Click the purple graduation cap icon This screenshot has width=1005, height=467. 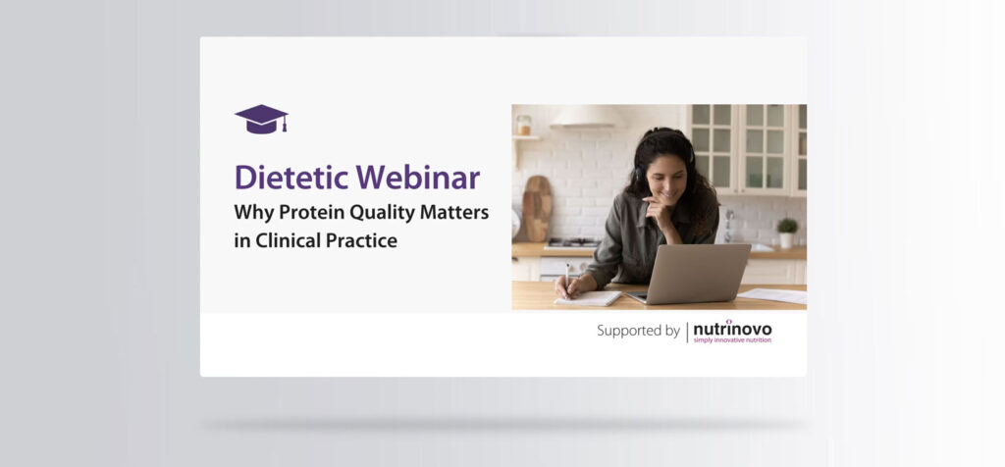[x=261, y=119]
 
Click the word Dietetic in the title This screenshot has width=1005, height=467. [x=292, y=177]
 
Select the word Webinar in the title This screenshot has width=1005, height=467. [x=418, y=177]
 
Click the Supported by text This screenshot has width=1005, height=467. [x=638, y=332]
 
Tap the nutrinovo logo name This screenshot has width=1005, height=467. [x=732, y=329]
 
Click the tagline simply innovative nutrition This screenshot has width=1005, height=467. [x=732, y=340]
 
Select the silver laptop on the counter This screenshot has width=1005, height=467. [x=692, y=274]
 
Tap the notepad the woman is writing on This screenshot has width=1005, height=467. [x=588, y=298]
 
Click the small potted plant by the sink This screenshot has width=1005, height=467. [x=786, y=233]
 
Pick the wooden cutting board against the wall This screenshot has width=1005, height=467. [x=537, y=208]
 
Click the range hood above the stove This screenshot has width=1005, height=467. [x=587, y=117]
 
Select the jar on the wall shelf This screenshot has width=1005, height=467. [x=524, y=125]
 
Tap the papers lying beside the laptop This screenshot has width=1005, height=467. [x=772, y=294]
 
